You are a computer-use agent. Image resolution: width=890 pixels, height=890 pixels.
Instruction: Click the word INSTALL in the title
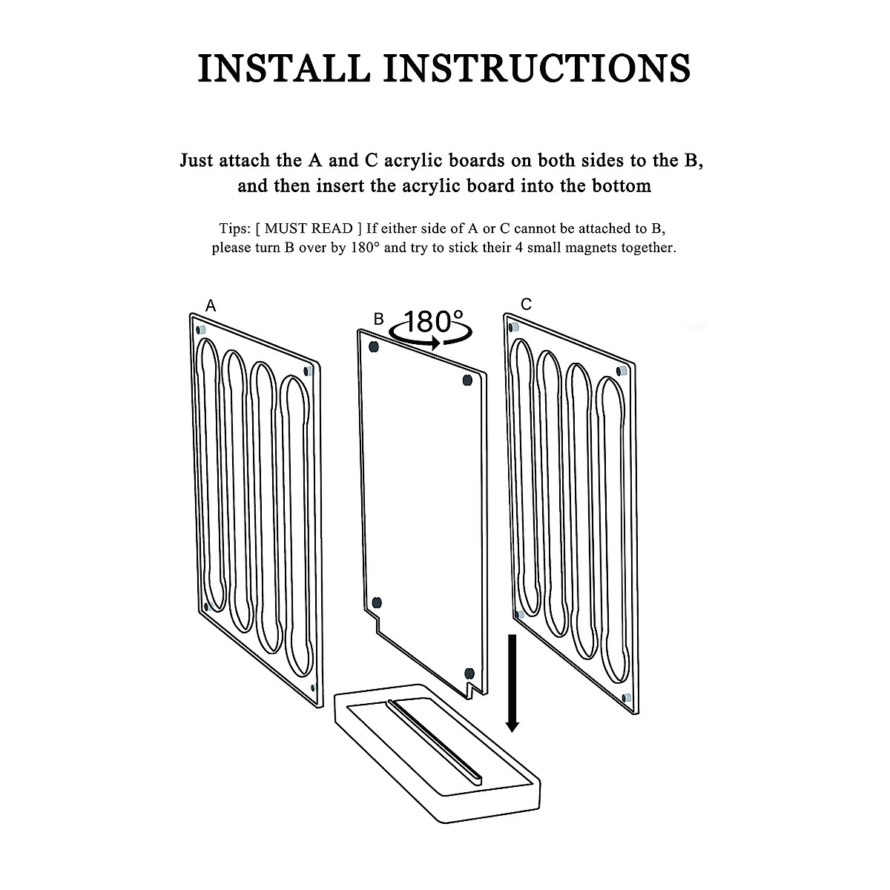[283, 67]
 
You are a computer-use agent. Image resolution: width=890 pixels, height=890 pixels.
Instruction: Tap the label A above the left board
[211, 306]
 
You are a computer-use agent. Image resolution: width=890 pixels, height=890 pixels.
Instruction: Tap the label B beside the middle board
[378, 320]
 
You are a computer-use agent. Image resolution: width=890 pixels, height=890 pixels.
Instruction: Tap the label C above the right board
[526, 304]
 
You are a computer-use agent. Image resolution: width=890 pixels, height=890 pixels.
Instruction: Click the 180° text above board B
[435, 322]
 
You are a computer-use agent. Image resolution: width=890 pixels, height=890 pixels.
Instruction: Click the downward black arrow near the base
[512, 682]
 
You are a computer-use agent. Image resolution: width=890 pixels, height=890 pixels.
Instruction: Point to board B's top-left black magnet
[374, 346]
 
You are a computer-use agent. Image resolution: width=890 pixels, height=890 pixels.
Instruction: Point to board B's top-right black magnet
[467, 380]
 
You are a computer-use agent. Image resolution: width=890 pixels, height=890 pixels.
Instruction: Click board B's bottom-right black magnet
[469, 673]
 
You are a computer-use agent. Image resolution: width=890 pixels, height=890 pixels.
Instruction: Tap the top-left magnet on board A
[200, 329]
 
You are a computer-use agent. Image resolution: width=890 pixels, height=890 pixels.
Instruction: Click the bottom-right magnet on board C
[627, 698]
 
